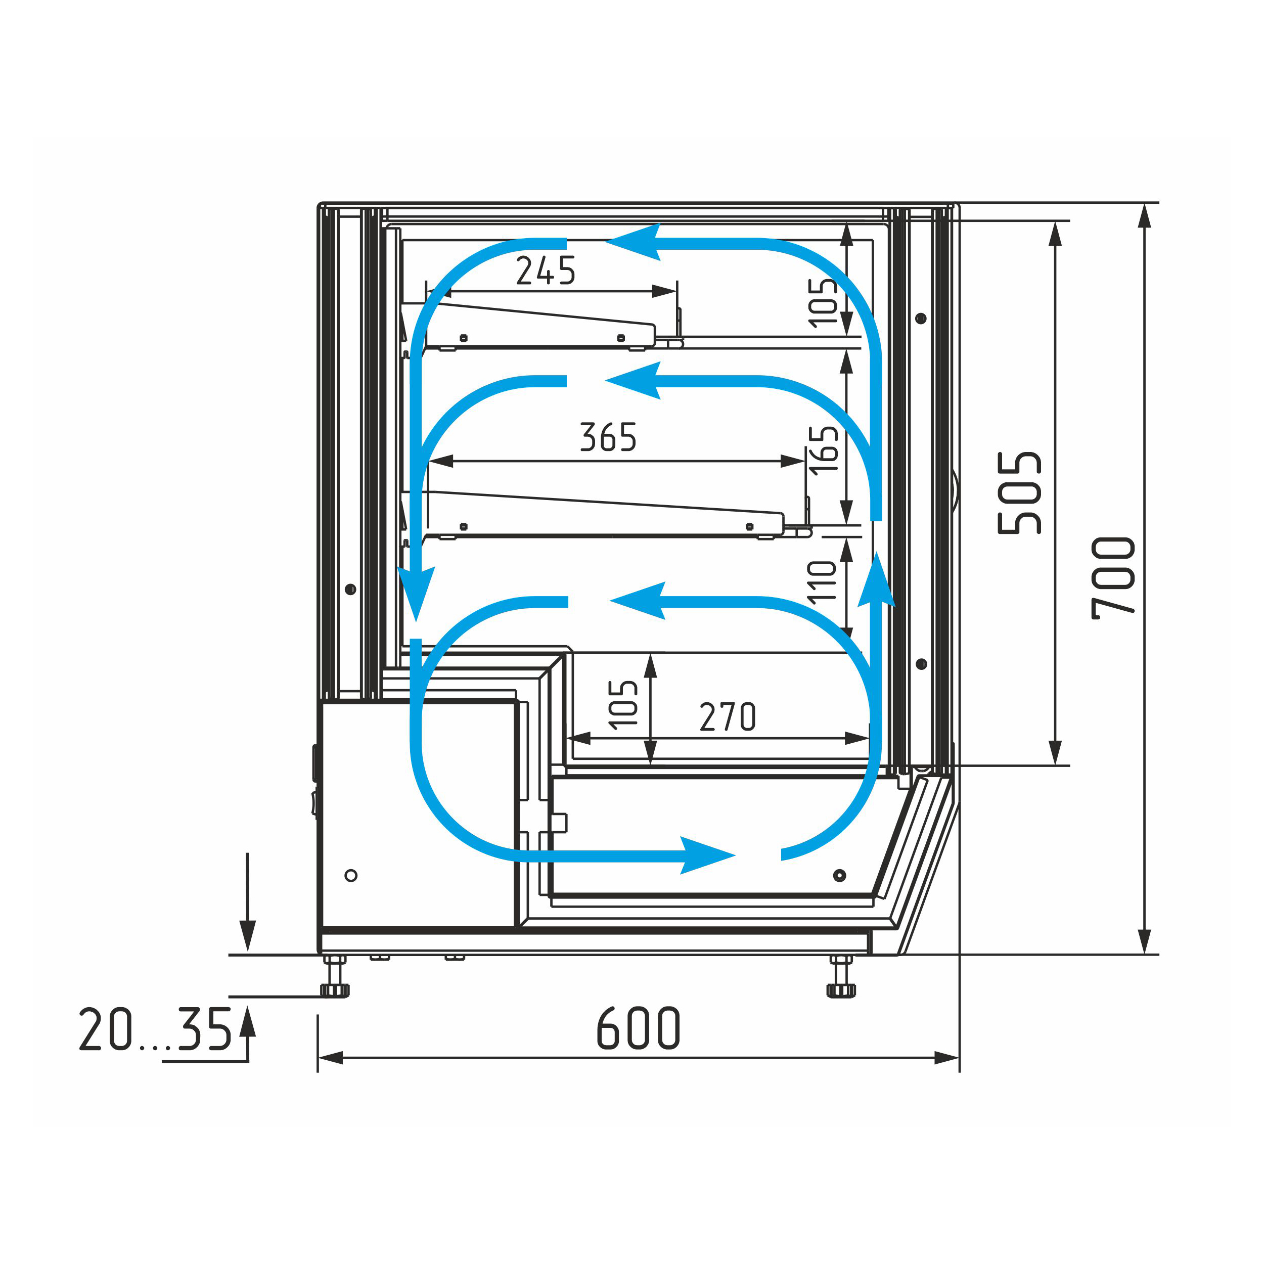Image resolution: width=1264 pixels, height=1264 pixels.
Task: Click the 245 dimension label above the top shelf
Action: (x=546, y=271)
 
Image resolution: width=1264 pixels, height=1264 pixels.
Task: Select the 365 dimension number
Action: (x=608, y=437)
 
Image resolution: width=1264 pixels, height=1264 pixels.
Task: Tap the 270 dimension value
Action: (x=728, y=716)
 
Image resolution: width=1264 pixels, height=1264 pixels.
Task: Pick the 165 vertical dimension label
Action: (x=823, y=449)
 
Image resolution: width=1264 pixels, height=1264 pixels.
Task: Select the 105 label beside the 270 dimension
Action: (x=623, y=704)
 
